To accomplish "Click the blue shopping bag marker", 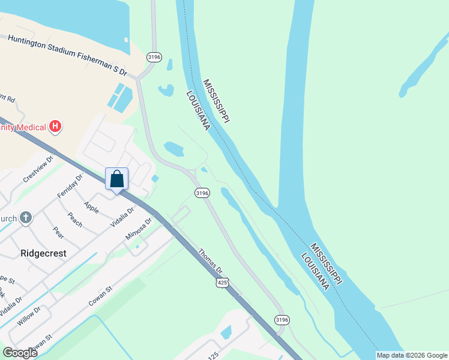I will pos(116,179).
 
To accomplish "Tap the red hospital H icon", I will pos(56,127).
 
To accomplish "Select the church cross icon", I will pos(25,218).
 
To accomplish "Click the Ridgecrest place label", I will pos(43,253).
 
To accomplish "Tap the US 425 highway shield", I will pos(222,281).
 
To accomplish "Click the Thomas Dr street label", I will pos(210,262).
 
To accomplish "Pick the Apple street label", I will pos(91,207).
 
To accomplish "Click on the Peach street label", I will pos(74,220).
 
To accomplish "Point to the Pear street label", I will pos(58,232).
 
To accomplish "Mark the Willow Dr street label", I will pos(28,316).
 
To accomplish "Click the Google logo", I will pos(20,353).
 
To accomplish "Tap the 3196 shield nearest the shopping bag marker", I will pos(202,193).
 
